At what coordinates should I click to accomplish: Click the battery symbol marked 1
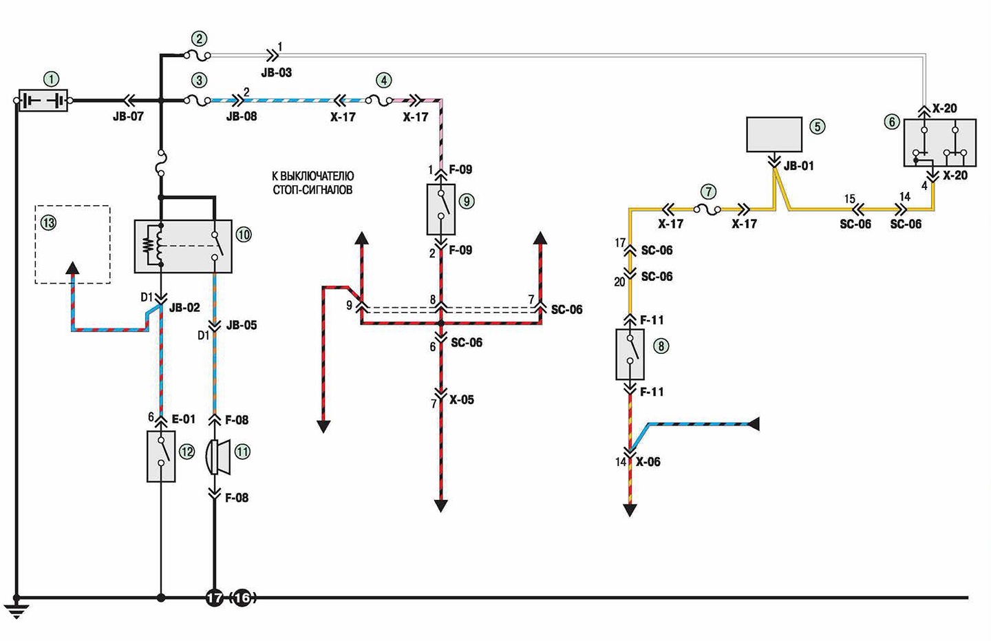pyautogui.click(x=43, y=101)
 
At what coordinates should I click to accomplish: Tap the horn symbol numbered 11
pyautogui.click(x=219, y=457)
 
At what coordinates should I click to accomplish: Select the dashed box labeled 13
pyautogui.click(x=72, y=244)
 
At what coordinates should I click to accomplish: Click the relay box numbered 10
pyautogui.click(x=183, y=246)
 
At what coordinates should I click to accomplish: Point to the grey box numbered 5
pyautogui.click(x=774, y=134)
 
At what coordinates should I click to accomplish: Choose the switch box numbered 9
pyautogui.click(x=440, y=209)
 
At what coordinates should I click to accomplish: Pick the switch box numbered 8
pyautogui.click(x=630, y=354)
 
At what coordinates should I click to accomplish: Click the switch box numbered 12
pyautogui.click(x=161, y=456)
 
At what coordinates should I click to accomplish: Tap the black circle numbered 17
pyautogui.click(x=215, y=598)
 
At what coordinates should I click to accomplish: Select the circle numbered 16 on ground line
pyautogui.click(x=242, y=598)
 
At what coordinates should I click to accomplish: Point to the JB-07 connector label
pyautogui.click(x=128, y=117)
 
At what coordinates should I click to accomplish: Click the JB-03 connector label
pyautogui.click(x=277, y=72)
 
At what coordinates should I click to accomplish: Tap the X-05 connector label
pyautogui.click(x=462, y=400)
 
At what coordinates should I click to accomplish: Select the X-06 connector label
pyautogui.click(x=648, y=462)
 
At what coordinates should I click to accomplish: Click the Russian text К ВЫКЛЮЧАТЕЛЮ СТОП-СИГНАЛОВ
pyautogui.click(x=312, y=183)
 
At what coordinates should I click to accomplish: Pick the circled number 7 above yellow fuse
pyautogui.click(x=709, y=191)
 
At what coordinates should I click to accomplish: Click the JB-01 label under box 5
pyautogui.click(x=798, y=166)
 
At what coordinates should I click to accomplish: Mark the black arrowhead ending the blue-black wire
pyautogui.click(x=754, y=424)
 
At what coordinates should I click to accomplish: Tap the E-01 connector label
pyautogui.click(x=183, y=419)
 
